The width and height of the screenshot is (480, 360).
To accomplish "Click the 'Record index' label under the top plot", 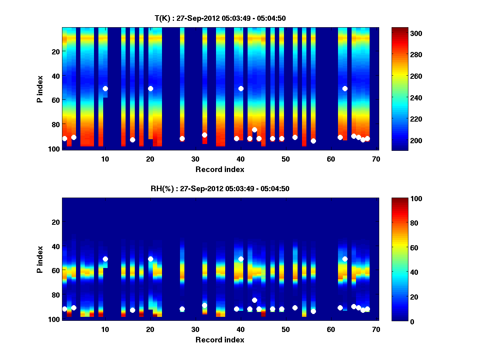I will [x=220, y=169].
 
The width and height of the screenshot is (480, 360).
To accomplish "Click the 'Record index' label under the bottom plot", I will [x=220, y=340].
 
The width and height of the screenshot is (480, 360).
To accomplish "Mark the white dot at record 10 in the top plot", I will [x=105, y=88].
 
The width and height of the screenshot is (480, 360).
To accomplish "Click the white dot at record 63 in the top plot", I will [x=345, y=88].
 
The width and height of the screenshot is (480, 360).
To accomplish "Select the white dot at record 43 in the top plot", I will [x=254, y=130].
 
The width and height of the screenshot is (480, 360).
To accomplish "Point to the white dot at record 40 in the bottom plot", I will [x=241, y=259].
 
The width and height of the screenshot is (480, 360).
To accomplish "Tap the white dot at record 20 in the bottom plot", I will [x=150, y=259].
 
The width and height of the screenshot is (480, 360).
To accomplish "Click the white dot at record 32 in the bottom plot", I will [x=205, y=305].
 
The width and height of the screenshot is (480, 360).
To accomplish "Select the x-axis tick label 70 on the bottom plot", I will [x=376, y=329].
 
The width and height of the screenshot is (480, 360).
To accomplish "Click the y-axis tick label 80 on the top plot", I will [x=55, y=124].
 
